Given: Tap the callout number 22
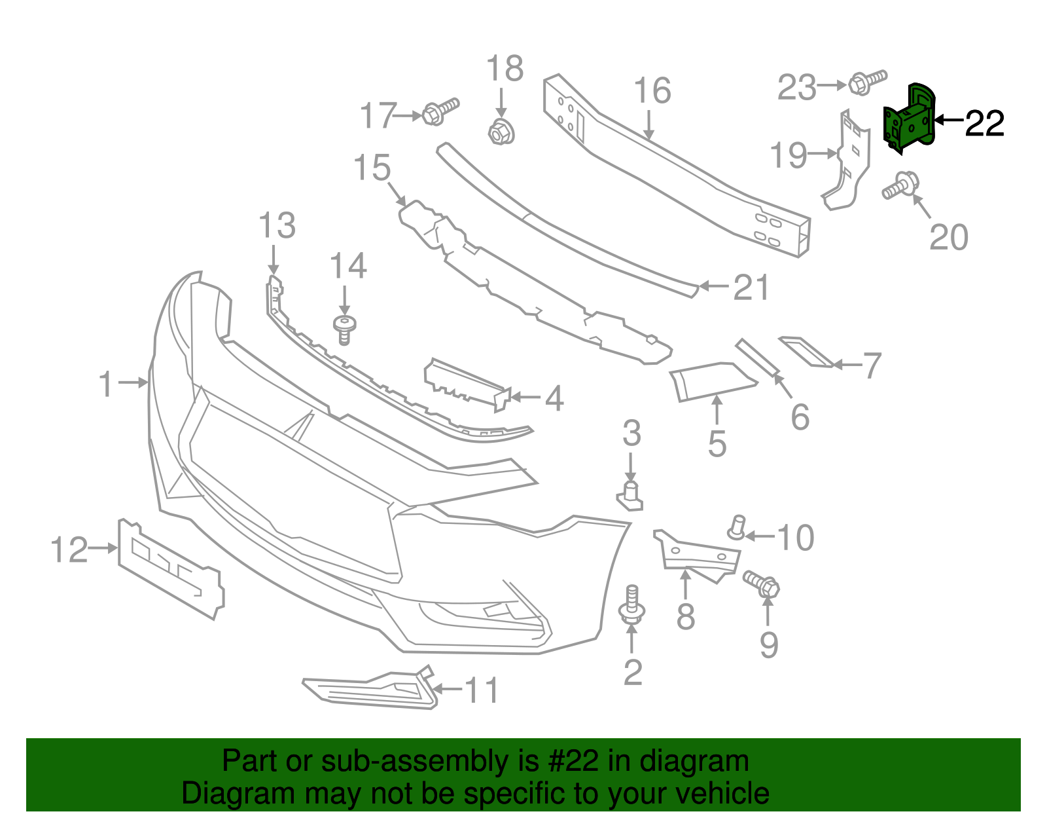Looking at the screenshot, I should [985, 123].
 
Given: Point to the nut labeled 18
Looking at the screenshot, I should [501, 132].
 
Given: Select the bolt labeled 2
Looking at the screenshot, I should [632, 606].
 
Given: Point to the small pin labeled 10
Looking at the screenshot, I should [737, 527].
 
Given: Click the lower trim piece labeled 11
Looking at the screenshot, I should [370, 691].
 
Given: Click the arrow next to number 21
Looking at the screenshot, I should [714, 286].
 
